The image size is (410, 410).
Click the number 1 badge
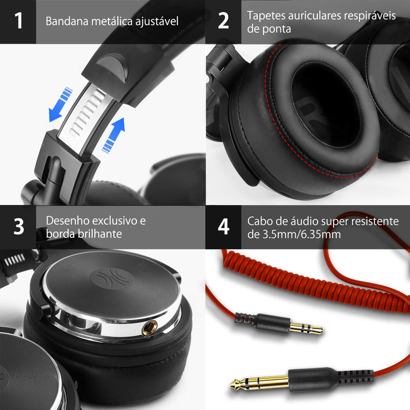tap(18, 22)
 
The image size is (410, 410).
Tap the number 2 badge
tap(223, 22)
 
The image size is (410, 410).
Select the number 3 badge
tap(18, 227)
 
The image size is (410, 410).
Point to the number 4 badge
tap(223, 227)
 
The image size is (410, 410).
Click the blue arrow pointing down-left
tap(59, 104)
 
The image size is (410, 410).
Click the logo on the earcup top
tap(105, 280)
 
